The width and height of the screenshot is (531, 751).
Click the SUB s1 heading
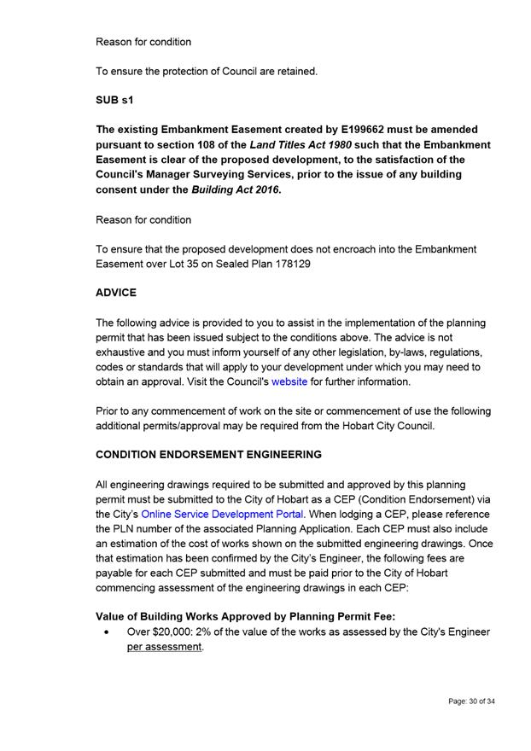114,101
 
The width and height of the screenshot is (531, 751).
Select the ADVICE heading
116,292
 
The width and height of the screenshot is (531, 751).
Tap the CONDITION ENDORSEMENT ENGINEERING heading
208,455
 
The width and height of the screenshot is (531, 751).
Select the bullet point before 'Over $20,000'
105,633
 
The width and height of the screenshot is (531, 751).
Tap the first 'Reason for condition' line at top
143,42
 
